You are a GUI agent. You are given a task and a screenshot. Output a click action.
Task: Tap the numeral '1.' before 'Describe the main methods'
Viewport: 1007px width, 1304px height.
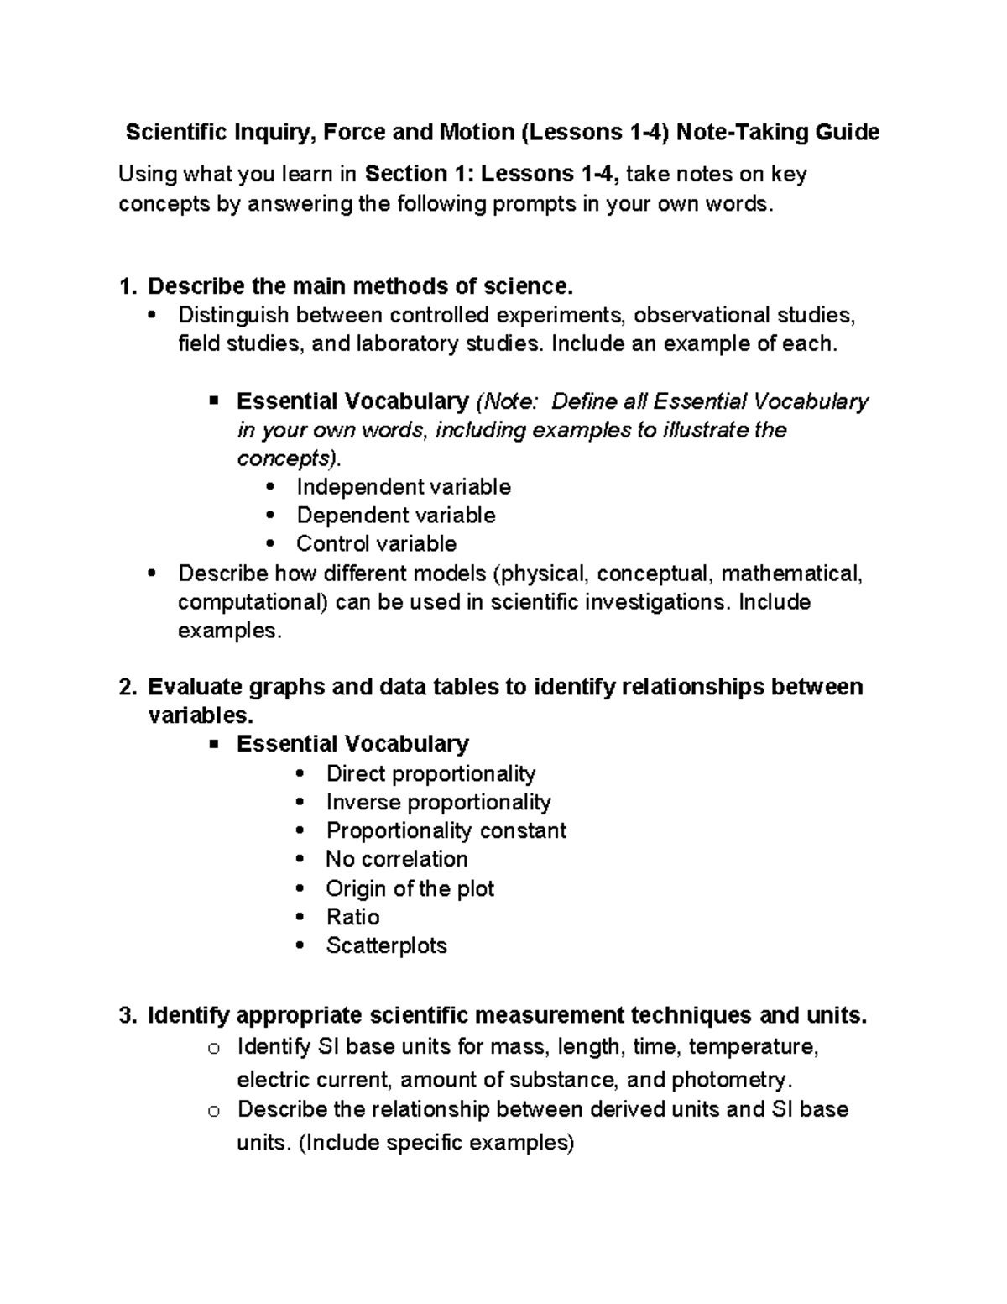pos(127,286)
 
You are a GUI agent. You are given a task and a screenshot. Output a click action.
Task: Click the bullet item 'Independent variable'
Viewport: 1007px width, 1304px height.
pos(403,487)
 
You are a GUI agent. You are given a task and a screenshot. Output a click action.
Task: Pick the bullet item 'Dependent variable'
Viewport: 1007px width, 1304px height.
pos(395,516)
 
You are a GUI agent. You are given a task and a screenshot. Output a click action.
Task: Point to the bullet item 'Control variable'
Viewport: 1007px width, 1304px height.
pos(376,544)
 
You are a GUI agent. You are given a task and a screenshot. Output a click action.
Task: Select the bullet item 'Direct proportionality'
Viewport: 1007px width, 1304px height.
pos(430,773)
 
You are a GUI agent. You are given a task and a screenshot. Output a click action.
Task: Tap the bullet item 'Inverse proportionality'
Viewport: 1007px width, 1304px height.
pos(438,802)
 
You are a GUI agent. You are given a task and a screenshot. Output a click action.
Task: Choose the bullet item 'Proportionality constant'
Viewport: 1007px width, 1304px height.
pos(446,830)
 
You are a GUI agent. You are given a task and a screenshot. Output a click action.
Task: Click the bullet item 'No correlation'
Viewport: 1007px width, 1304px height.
pos(396,859)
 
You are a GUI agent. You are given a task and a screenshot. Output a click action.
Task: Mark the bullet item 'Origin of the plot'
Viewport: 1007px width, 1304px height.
pos(410,888)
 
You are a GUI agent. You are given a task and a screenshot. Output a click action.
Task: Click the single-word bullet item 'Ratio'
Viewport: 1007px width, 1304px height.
pos(352,917)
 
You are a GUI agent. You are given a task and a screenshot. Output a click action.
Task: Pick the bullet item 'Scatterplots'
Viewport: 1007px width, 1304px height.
pos(386,945)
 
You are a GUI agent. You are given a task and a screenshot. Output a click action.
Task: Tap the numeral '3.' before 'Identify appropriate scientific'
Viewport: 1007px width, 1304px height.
pos(127,1016)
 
